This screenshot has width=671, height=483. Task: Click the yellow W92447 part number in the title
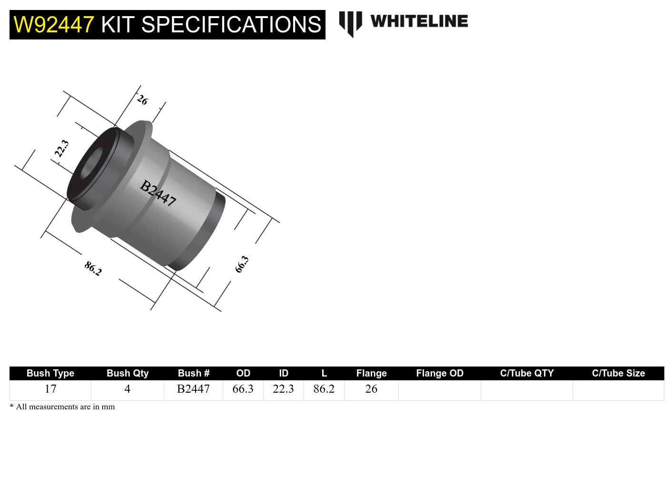coord(53,25)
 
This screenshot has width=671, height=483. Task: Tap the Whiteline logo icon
coord(350,23)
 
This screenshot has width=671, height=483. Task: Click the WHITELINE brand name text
coord(419,21)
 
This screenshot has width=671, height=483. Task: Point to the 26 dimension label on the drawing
coord(142,100)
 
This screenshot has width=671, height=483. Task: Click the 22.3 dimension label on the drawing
coord(62,149)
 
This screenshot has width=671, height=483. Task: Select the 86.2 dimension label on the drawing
coord(93,269)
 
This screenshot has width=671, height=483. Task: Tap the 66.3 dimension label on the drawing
coord(242,264)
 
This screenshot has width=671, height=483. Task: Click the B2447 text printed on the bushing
coord(158,193)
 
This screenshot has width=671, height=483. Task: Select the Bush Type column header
coord(50,373)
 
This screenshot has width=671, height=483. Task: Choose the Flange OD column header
coord(440,373)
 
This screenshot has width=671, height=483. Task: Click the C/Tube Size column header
coord(618,373)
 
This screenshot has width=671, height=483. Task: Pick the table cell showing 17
coord(50,389)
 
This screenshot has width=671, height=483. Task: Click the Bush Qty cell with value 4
coord(127,389)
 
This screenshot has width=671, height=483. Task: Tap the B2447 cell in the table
coord(193,389)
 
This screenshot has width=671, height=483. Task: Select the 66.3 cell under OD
coord(243,389)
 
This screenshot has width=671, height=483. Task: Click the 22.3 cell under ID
coord(283,389)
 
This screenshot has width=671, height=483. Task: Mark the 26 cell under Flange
coord(371,389)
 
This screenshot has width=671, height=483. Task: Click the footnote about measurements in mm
coord(62,406)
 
